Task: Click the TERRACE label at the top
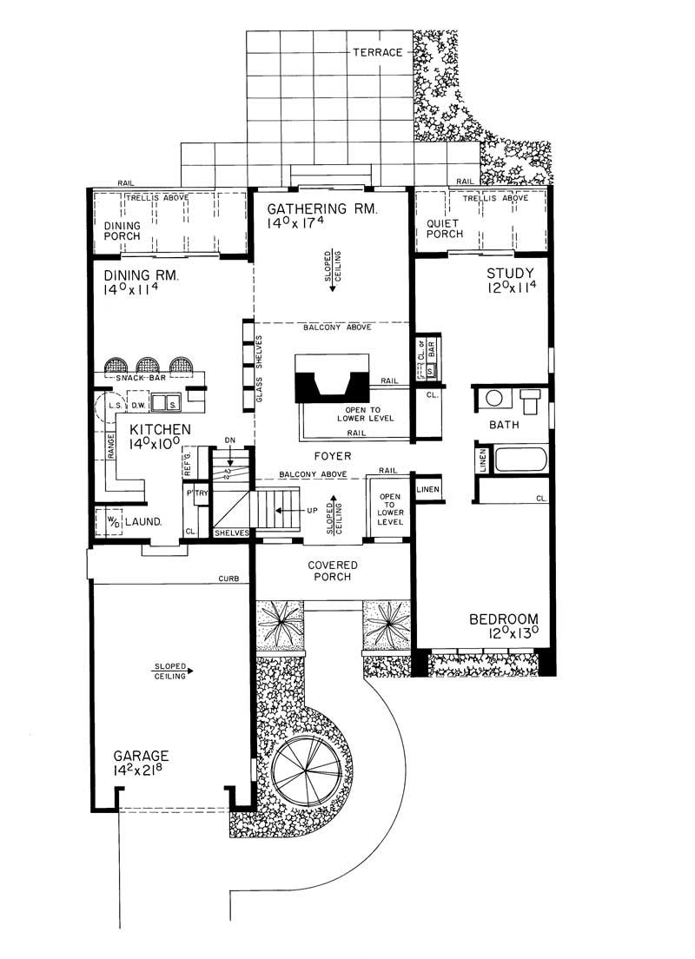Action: (378, 53)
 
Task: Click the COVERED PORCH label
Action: (333, 571)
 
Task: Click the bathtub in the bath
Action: (520, 460)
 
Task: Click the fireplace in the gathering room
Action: (333, 380)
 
